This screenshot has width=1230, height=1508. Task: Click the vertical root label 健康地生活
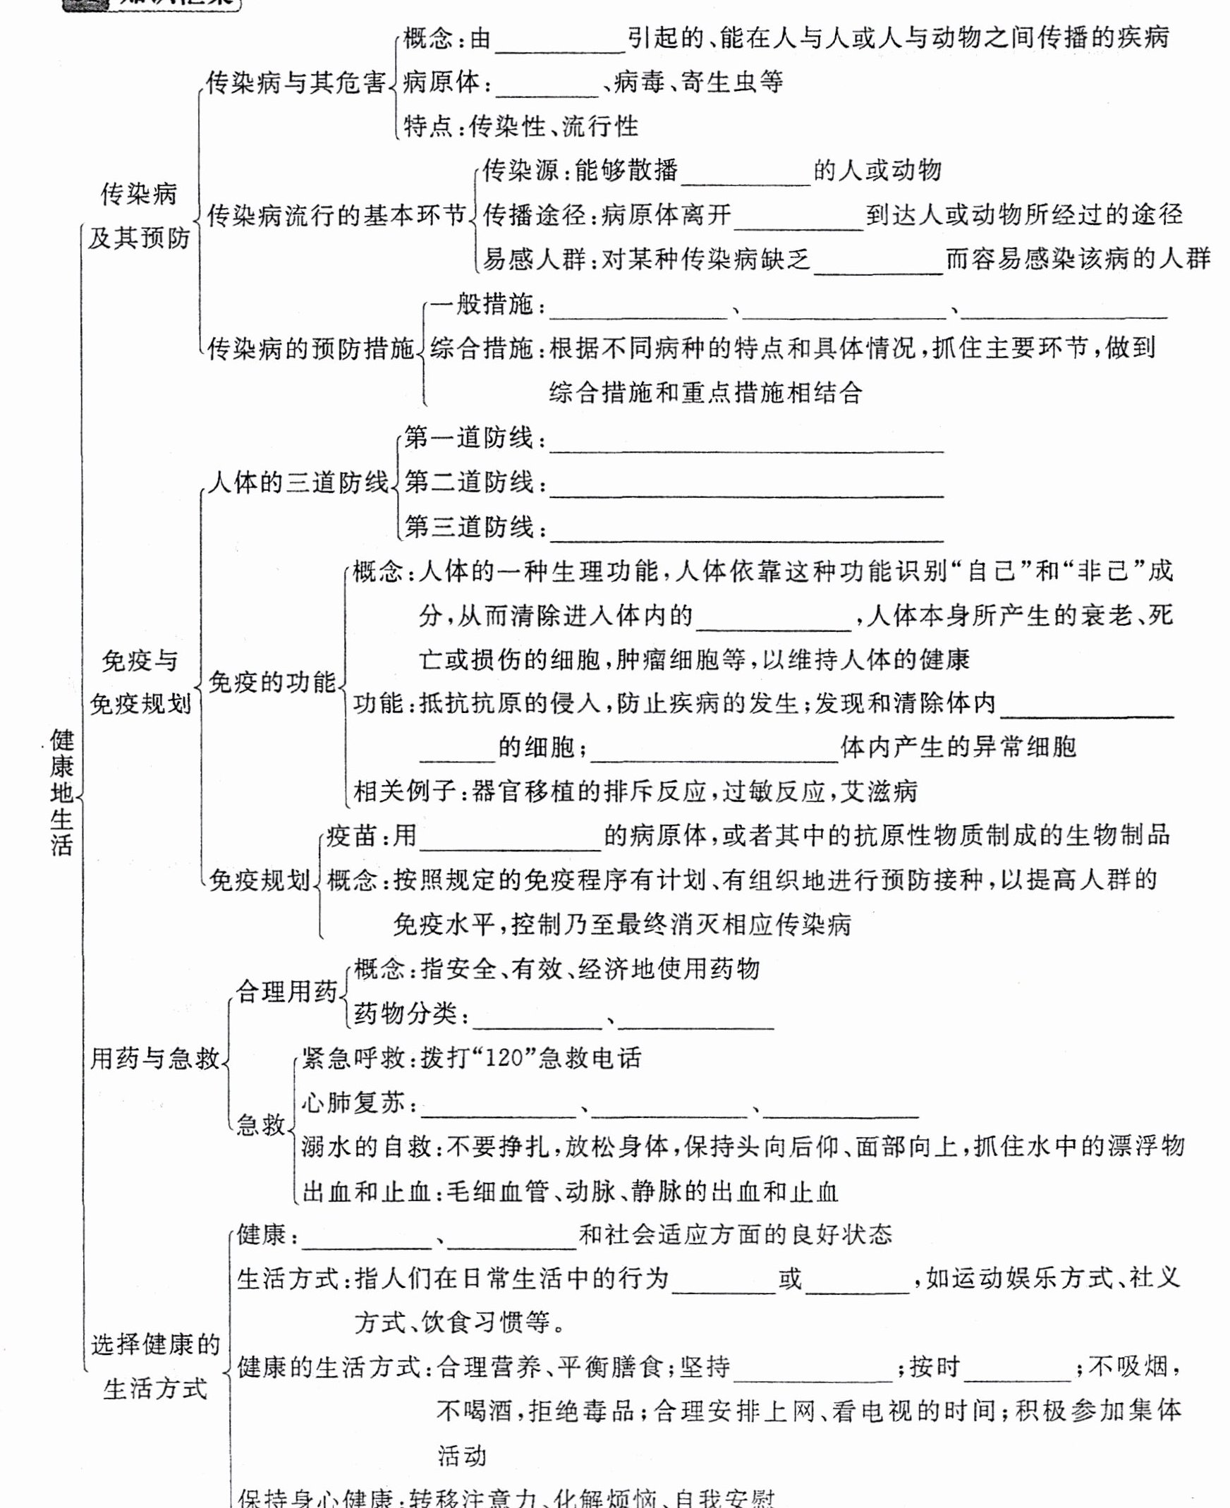[x=61, y=791]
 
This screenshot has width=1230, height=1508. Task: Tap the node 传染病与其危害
[x=296, y=83]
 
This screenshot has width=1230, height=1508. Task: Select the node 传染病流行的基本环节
[x=336, y=215]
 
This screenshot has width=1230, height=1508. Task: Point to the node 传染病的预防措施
[x=310, y=348]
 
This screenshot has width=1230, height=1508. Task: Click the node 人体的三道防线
[x=298, y=482]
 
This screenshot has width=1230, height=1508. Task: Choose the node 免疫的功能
[x=272, y=682]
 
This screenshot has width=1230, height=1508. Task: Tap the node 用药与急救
[x=154, y=1059]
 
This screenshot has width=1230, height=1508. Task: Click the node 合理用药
[x=286, y=992]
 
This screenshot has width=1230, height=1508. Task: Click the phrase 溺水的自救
[x=366, y=1147]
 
